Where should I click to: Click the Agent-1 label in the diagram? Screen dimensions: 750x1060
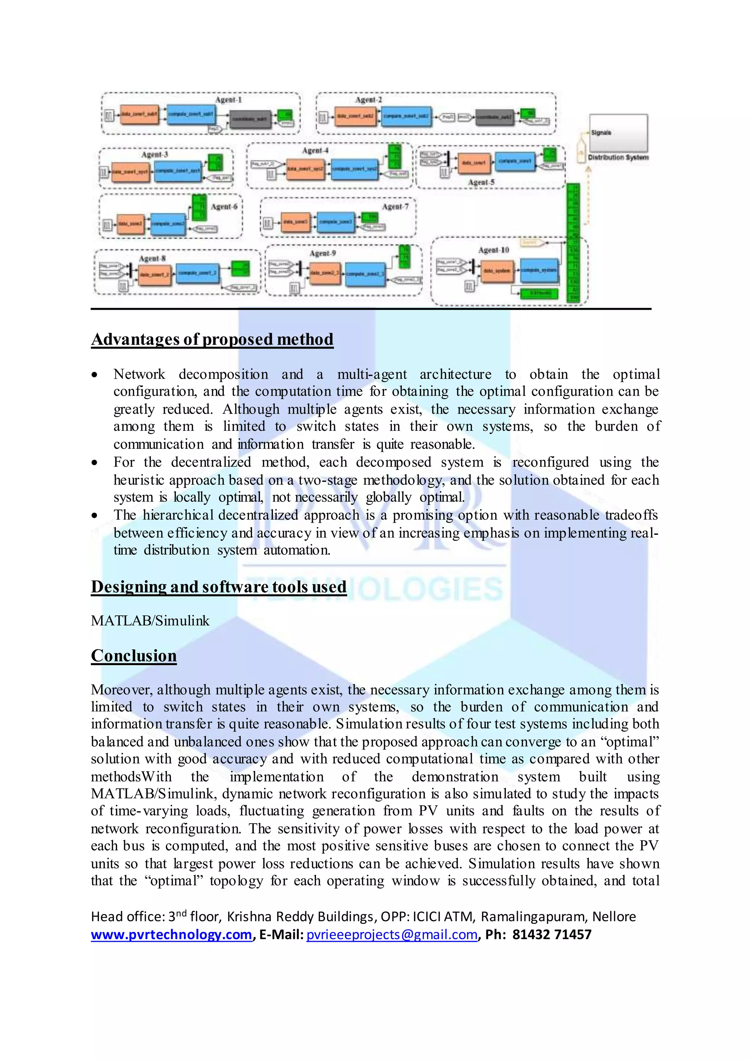(x=228, y=100)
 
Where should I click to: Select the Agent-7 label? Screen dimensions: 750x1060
(x=395, y=207)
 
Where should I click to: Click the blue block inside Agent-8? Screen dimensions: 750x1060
(x=198, y=273)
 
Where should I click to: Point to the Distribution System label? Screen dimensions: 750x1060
(x=618, y=158)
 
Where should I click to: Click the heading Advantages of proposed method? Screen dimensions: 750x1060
(x=212, y=339)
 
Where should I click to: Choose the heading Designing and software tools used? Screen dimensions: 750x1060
(x=218, y=587)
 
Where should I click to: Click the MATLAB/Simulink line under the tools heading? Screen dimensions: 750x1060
(x=150, y=621)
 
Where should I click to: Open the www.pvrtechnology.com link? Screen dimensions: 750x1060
(x=171, y=935)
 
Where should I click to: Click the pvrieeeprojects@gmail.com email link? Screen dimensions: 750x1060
(x=391, y=935)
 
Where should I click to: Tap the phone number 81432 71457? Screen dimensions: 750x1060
(x=552, y=935)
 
